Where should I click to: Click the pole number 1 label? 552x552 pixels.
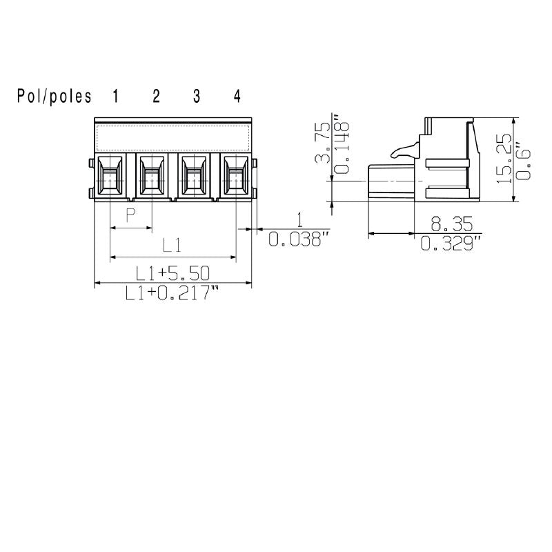[x=115, y=97]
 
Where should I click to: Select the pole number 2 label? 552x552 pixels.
[x=156, y=97]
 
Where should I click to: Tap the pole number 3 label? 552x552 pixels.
[x=197, y=97]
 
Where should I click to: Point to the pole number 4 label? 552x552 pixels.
[x=237, y=97]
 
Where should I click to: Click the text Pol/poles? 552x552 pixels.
[x=55, y=97]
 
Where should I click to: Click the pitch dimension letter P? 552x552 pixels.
[x=130, y=217]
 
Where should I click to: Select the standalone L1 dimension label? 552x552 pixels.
[x=172, y=245]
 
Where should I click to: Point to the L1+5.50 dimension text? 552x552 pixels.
[x=172, y=272]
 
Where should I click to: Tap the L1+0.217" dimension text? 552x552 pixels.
[x=172, y=294]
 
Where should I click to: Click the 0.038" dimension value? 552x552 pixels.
[x=295, y=239]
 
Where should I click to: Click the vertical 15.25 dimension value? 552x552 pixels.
[x=504, y=158]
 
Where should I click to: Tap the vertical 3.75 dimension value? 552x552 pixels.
[x=322, y=144]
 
